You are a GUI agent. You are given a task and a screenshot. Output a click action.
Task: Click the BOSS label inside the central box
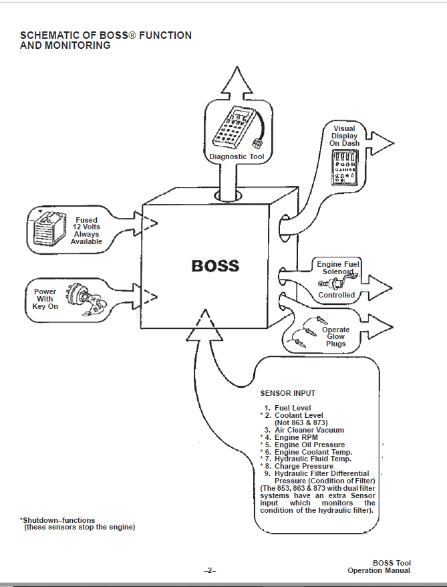pyautogui.click(x=215, y=266)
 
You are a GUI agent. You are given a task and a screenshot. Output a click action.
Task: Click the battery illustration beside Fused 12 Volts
pyautogui.click(x=49, y=229)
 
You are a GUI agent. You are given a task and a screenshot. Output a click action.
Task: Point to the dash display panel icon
pyautogui.click(x=345, y=167)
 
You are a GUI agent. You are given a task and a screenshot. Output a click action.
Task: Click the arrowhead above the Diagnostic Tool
pyautogui.click(x=237, y=80)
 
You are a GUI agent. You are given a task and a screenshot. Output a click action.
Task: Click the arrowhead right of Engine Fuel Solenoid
pyautogui.click(x=379, y=287)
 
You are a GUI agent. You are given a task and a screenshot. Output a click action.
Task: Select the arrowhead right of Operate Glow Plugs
pyautogui.click(x=380, y=327)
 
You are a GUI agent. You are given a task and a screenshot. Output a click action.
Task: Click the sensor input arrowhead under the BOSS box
pyautogui.click(x=204, y=325)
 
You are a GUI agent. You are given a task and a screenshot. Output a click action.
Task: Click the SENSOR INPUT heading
pyautogui.click(x=288, y=394)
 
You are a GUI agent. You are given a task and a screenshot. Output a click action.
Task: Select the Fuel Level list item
pyautogui.click(x=287, y=408)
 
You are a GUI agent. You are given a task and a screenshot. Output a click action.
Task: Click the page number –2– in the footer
pyautogui.click(x=210, y=570)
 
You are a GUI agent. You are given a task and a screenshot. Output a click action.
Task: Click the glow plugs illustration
pyautogui.click(x=305, y=332)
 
